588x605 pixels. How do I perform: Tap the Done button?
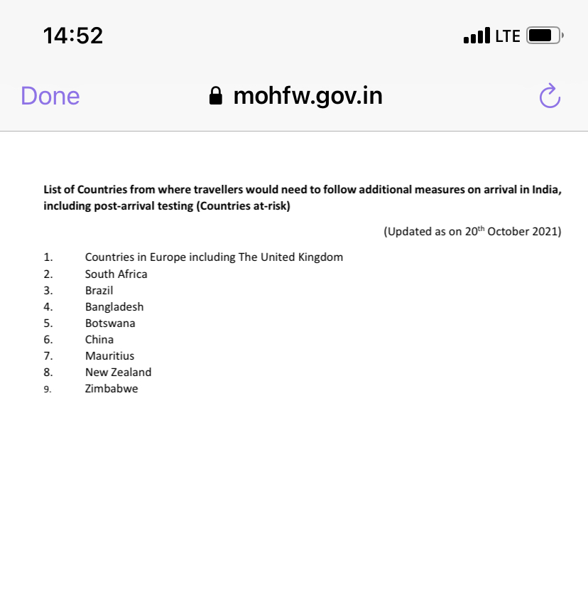point(50,96)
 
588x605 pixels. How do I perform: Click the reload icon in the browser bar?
point(550,96)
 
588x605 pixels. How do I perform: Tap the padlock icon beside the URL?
point(216,96)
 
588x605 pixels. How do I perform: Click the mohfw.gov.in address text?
point(307,95)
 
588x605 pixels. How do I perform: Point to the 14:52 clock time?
point(73,36)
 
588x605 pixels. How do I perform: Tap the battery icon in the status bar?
point(544,36)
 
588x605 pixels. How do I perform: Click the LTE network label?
point(508,36)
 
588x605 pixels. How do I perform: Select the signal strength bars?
point(477,36)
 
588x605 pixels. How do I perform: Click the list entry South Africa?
point(116,274)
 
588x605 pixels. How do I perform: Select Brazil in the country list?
point(99,290)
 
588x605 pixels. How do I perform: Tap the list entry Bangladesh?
point(114,306)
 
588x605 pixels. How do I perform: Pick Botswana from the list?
point(110,323)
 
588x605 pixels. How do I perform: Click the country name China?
point(99,339)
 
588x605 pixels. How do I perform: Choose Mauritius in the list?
point(109,355)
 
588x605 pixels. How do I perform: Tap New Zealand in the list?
point(118,372)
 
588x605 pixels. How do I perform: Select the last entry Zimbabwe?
point(111,388)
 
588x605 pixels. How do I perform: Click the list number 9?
point(47,389)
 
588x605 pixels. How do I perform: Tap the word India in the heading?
point(546,190)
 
